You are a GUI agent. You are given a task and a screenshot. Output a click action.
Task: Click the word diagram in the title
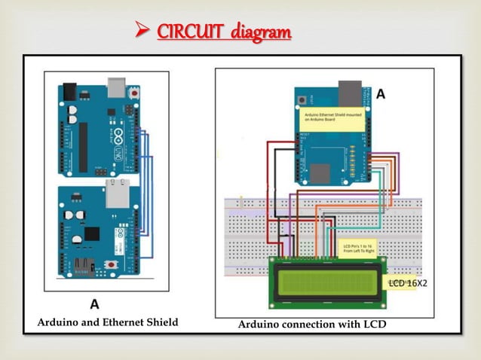tap(260, 33)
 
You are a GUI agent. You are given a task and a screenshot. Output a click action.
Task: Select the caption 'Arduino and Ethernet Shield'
tap(108, 322)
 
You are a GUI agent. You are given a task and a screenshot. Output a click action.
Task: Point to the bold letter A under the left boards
tap(95, 305)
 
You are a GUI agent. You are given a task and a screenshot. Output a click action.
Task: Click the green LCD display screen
tap(327, 283)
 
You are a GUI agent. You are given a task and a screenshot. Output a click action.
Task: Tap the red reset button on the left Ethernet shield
tap(112, 265)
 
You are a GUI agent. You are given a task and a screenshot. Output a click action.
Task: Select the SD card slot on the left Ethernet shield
tap(81, 266)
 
